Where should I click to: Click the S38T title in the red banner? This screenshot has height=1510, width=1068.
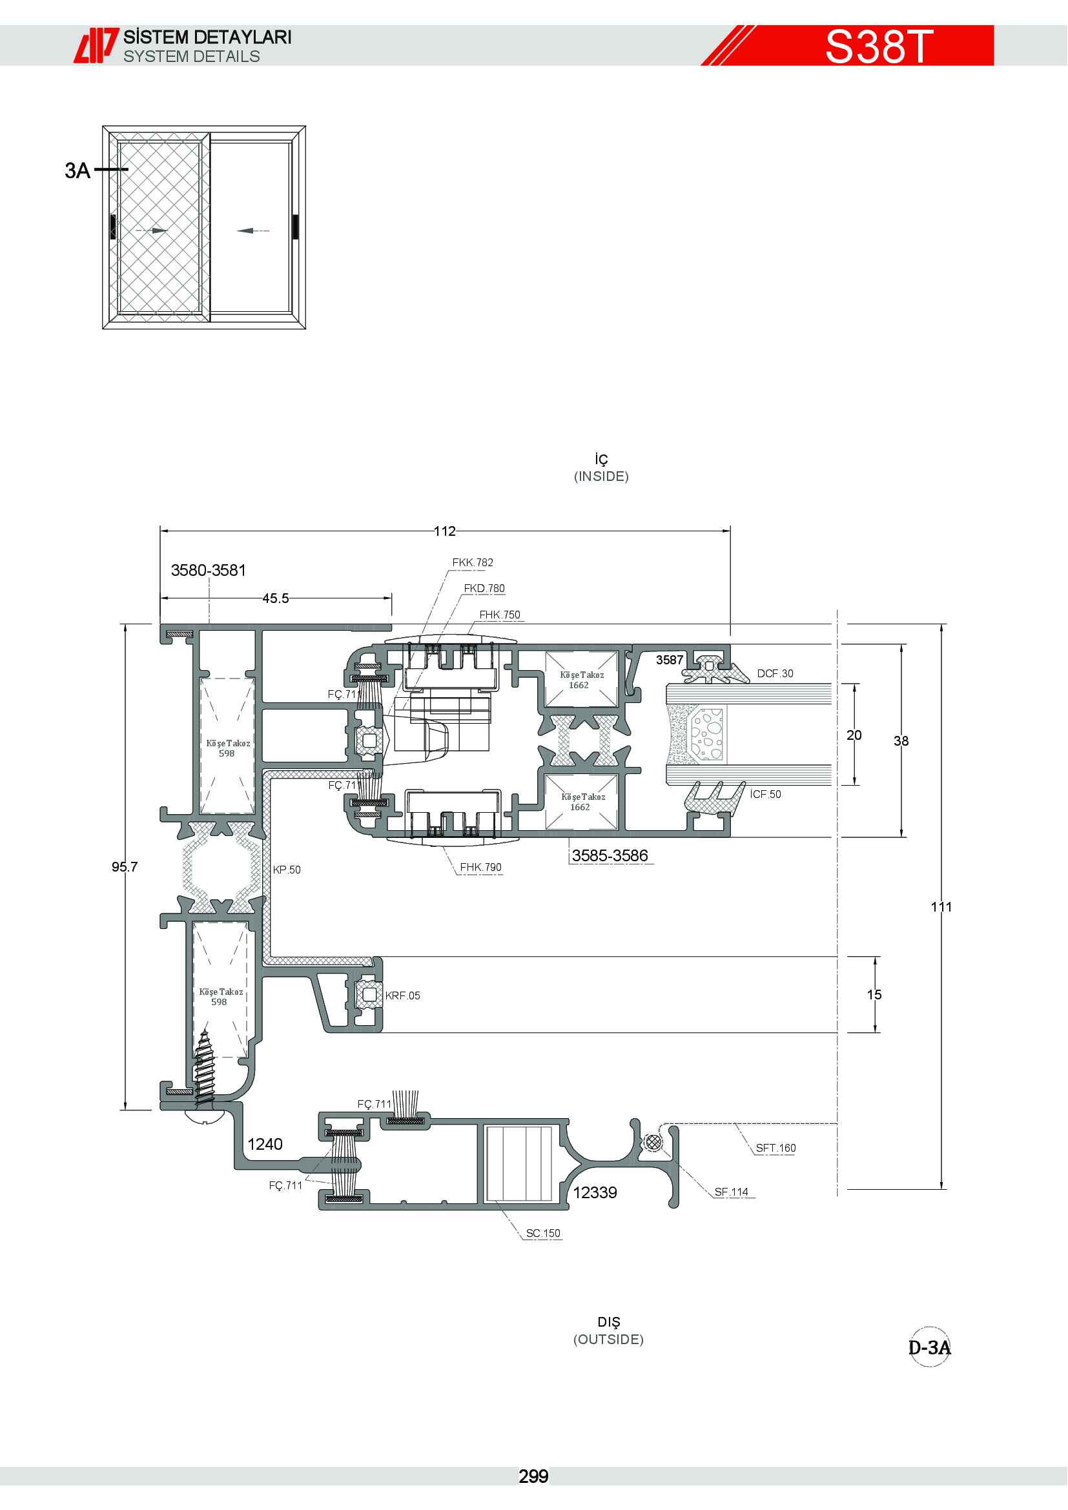[879, 46]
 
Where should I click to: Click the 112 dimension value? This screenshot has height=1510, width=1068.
[444, 531]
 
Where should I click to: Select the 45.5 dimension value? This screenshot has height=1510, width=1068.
[276, 598]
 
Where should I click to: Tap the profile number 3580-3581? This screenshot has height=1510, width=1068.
[209, 570]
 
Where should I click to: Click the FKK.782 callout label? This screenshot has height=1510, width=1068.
[472, 562]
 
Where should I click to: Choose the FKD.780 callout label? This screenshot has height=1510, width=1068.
[484, 588]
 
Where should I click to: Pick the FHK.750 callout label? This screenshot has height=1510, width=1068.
[499, 615]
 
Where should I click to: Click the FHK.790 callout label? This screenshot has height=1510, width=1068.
[481, 867]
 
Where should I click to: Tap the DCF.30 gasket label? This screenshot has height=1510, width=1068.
[775, 673]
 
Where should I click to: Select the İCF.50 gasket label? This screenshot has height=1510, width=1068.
[766, 794]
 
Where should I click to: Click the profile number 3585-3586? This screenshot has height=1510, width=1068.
[610, 855]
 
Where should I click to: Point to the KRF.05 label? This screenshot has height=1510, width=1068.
[402, 995]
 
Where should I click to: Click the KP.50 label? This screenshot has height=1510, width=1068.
[287, 870]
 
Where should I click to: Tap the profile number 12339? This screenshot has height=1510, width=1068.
[595, 1192]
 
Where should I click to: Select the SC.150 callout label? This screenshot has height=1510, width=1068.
[543, 1233]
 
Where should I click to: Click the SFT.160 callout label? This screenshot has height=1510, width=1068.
[775, 1148]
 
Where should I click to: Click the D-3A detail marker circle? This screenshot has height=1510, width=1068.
[929, 1347]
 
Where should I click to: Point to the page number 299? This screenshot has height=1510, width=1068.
[533, 1476]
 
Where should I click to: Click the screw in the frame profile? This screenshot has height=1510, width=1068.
[205, 1069]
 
